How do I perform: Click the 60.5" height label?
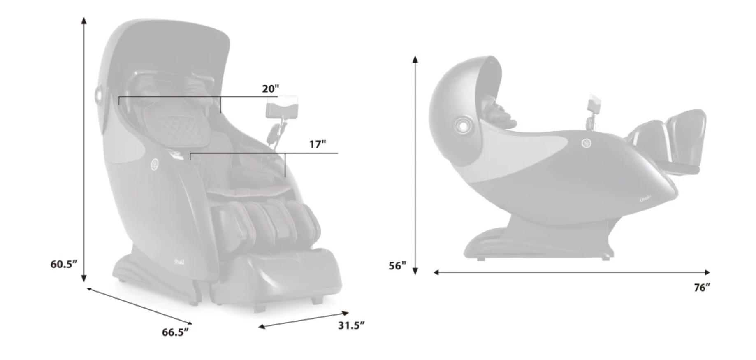(x=64, y=264)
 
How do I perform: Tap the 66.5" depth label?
(x=175, y=332)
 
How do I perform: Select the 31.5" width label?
(x=351, y=325)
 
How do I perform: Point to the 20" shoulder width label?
(x=271, y=88)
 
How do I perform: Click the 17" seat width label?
(x=318, y=144)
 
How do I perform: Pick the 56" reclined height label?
(x=397, y=266)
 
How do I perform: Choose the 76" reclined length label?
(x=702, y=288)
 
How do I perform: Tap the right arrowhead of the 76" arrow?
(x=707, y=272)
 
